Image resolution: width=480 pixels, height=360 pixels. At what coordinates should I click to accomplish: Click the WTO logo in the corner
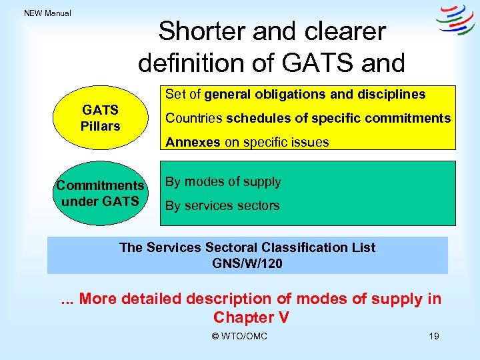tap(455, 21)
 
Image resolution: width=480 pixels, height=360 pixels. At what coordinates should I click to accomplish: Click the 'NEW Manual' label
tap(47, 13)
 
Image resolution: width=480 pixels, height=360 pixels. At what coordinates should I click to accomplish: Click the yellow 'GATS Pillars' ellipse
tap(100, 118)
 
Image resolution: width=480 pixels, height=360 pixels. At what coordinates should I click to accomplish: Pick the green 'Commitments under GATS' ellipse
tap(100, 193)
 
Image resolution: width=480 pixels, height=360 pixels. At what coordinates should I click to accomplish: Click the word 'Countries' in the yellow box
tap(194, 118)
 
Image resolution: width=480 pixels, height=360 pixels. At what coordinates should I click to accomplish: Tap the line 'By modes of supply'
tap(223, 181)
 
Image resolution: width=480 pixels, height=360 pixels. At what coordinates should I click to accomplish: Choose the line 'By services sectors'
tap(222, 205)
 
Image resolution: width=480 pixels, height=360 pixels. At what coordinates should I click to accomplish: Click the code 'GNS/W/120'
tap(247, 263)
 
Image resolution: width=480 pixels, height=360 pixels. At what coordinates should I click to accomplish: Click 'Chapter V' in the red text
tap(251, 317)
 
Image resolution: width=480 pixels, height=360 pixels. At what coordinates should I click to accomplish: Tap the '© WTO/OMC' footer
tap(239, 336)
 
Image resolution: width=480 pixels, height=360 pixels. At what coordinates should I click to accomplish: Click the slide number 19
tap(433, 336)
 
